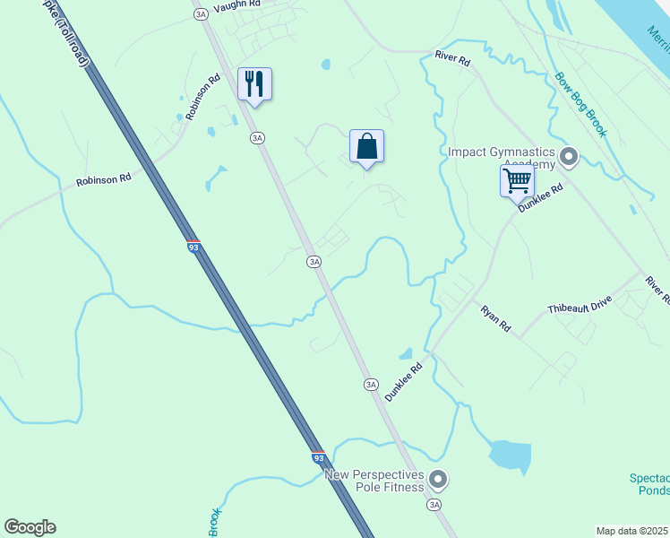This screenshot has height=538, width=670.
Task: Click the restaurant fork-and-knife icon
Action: pos(254,84)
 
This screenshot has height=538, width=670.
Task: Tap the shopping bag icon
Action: pos(366,145)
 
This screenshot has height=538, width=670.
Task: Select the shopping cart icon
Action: pos(517,180)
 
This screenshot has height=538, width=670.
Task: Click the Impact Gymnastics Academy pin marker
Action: pos(568,159)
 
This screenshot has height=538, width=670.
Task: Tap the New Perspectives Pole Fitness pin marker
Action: pos(437,479)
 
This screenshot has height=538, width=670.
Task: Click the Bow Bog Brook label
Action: pos(580,105)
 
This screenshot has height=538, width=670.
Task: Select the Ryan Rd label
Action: pos(495,319)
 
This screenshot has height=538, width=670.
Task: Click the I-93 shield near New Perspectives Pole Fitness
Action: pos(318,457)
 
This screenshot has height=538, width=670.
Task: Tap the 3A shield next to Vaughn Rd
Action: pos(200,14)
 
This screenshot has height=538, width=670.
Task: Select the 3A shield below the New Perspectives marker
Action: pos(435,505)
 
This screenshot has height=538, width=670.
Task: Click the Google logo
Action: pos(30,527)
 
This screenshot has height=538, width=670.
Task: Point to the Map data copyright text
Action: pos(632,531)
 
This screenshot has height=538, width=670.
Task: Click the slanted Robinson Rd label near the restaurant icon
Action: pos(203,98)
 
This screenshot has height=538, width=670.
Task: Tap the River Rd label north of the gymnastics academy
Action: pos(452,59)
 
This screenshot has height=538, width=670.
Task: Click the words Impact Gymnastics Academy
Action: pos(502,159)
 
